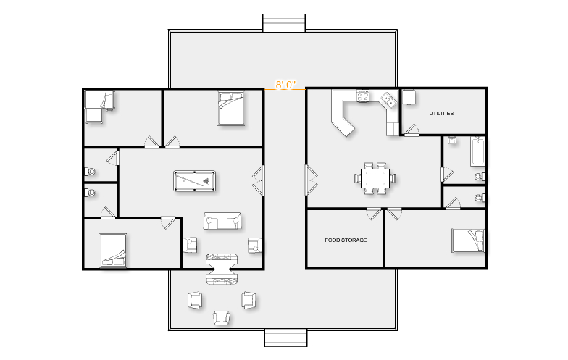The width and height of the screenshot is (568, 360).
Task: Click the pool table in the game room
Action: pyautogui.click(x=194, y=181)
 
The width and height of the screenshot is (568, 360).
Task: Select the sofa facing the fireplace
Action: pyautogui.click(x=222, y=220)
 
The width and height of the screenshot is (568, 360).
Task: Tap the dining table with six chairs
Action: pyautogui.click(x=375, y=178)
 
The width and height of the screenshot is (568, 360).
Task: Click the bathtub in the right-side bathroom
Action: pyautogui.click(x=477, y=151)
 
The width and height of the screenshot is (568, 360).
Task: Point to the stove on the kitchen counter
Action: pyautogui.click(x=362, y=96)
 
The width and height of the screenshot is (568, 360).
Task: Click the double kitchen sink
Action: pyautogui.click(x=388, y=100)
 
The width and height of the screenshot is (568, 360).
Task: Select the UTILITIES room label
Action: pyautogui.click(x=441, y=113)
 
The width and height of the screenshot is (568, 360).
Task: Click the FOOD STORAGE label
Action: pyautogui.click(x=346, y=240)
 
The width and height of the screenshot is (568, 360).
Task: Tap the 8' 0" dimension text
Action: pyautogui.click(x=285, y=85)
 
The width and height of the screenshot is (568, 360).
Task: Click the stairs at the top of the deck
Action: pyautogui.click(x=284, y=23)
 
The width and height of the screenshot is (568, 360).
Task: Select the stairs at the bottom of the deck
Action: pyautogui.click(x=285, y=338)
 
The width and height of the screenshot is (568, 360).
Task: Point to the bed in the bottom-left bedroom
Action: pyautogui.click(x=113, y=249)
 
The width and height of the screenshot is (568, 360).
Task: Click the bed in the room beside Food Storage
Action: pyautogui.click(x=468, y=240)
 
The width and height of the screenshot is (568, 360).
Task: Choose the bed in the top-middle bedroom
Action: pyautogui.click(x=231, y=109)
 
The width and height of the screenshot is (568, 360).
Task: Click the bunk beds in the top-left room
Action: pyautogui.click(x=99, y=106)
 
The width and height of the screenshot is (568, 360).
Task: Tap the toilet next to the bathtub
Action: pyautogui.click(x=480, y=177)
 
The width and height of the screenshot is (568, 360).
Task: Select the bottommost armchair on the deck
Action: pyautogui.click(x=222, y=317)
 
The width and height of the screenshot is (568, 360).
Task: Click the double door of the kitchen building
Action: pyautogui.click(x=312, y=180)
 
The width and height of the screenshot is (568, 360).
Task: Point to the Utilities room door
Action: pyautogui.click(x=412, y=130)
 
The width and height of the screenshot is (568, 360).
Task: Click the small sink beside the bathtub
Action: pyautogui.click(x=452, y=141)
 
